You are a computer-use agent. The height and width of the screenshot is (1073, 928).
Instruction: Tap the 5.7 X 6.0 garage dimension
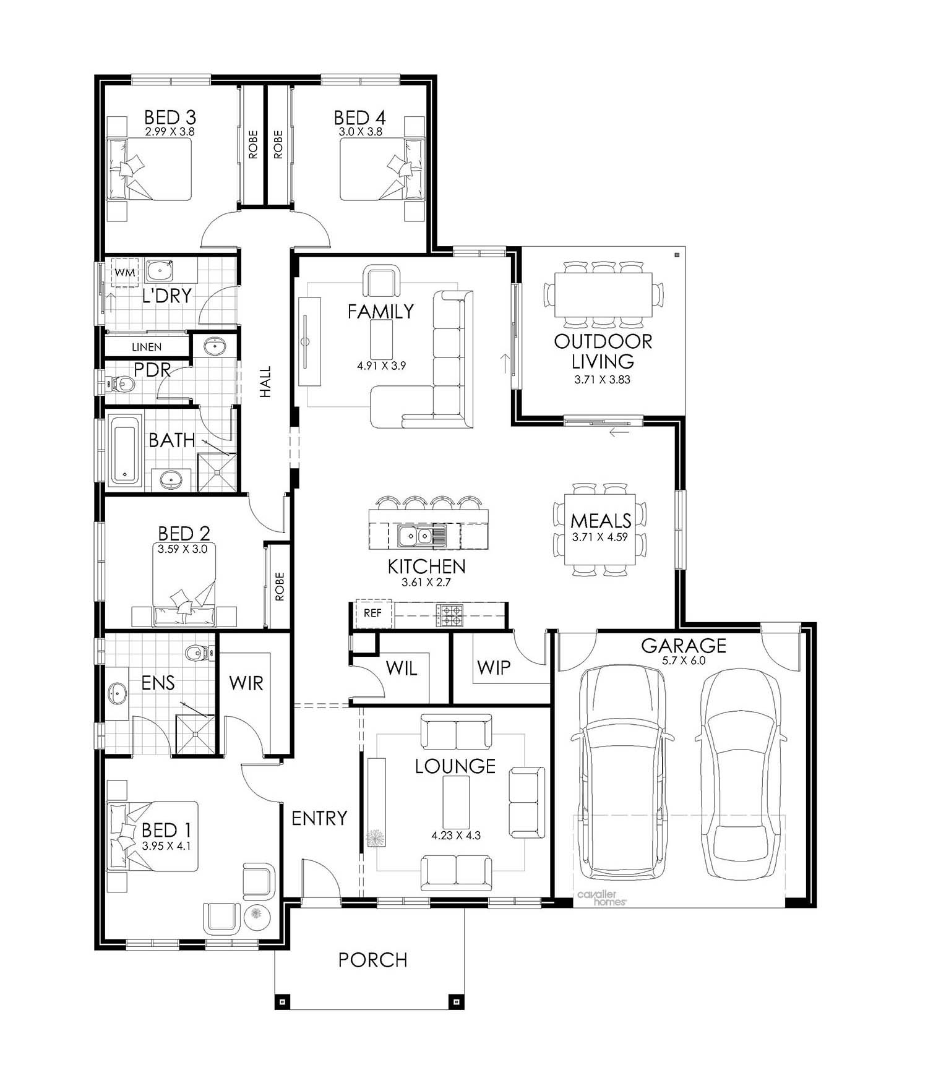pos(683,660)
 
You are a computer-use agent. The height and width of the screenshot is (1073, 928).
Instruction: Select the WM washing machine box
pos(125,272)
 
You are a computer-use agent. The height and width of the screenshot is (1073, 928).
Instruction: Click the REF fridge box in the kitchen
pos(373,613)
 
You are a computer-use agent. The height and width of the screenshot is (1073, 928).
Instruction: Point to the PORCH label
pos(372,960)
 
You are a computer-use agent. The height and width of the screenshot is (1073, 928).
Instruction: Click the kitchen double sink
pos(415,536)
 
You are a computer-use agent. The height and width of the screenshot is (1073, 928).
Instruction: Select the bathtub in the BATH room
pos(126,449)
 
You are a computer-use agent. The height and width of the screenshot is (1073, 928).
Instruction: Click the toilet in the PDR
pos(121,385)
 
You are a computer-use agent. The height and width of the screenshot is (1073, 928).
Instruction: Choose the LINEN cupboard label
pos(147,348)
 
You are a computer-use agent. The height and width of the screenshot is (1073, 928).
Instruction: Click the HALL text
pos(265,382)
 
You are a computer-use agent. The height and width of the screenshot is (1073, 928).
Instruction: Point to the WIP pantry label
pos(494,667)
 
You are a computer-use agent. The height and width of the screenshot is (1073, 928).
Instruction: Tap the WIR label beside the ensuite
pos(246,683)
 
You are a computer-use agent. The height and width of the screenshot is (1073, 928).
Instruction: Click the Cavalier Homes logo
pos(602,898)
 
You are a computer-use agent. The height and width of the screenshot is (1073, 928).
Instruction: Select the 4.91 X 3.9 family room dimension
pos(381,366)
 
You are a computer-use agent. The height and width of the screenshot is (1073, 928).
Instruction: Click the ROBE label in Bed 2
pos(280,586)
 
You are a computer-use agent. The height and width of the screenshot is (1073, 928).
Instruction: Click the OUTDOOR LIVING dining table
pos(603,294)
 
